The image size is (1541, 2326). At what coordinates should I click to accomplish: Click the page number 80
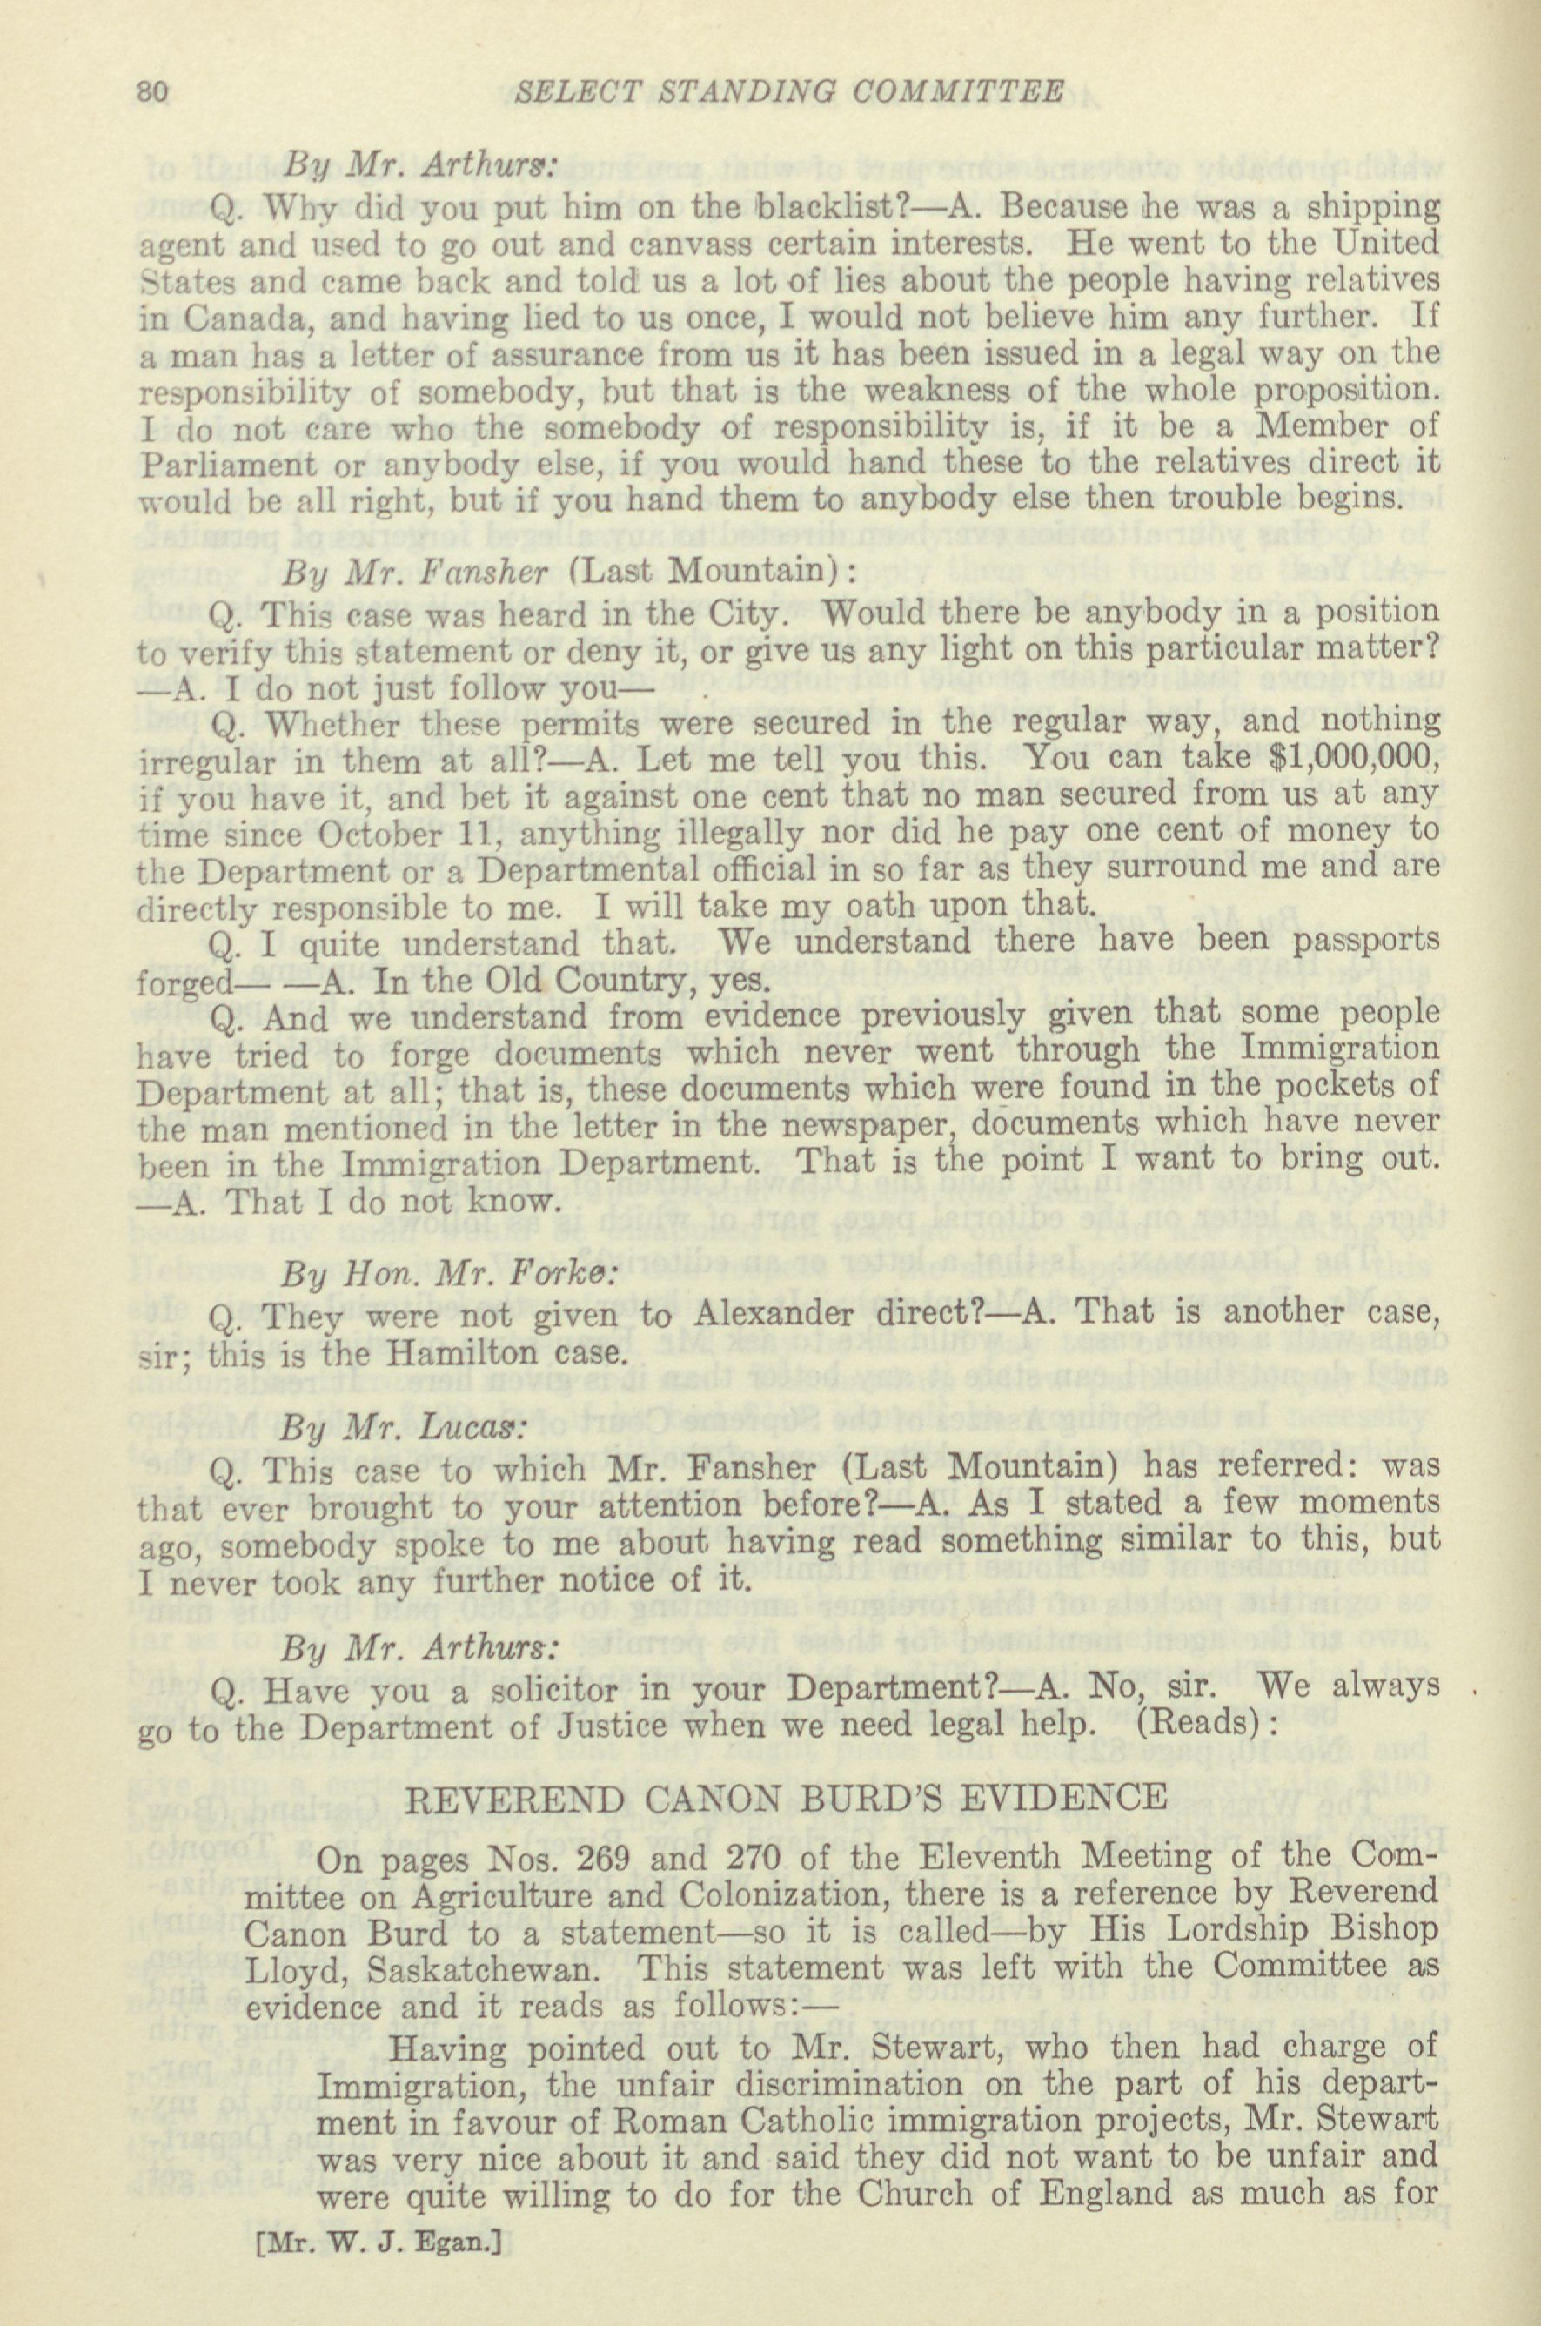coord(154,91)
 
